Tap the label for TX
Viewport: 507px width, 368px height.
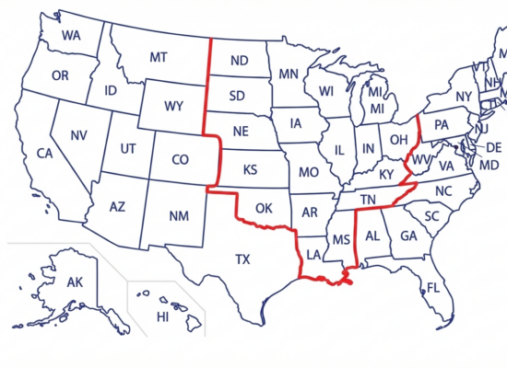coord(242,259)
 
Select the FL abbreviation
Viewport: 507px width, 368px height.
coord(432,288)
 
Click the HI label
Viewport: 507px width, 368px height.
coord(163,316)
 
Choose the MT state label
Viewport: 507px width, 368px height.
coord(159,57)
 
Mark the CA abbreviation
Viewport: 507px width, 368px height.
coord(44,153)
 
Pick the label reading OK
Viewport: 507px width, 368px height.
coord(265,207)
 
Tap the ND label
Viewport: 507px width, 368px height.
coord(239,62)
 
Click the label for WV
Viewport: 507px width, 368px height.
coord(420,160)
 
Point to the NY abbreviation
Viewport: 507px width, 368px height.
coord(464,97)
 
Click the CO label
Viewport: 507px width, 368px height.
coord(181,160)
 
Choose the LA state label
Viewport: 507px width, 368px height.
coord(313,254)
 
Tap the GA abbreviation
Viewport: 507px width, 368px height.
coord(408,236)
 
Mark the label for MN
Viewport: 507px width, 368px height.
coord(289,74)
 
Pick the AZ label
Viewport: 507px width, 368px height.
coord(117,207)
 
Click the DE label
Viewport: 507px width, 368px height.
coord(493,147)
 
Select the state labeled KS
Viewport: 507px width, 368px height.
coord(250,170)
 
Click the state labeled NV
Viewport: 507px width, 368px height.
coord(78,135)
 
